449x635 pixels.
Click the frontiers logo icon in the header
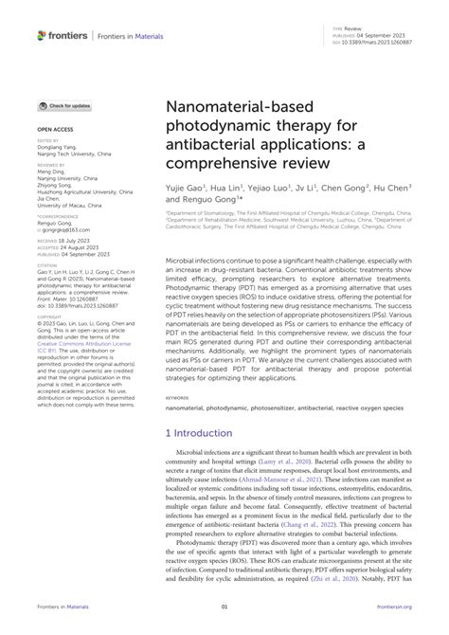click(42, 34)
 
